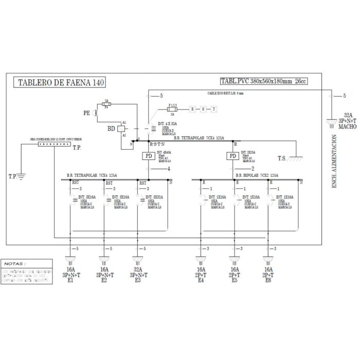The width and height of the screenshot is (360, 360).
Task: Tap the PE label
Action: pos(87,112)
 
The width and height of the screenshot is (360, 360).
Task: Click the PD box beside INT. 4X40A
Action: pos(148,156)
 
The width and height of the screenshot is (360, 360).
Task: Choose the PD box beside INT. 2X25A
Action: pos(232,156)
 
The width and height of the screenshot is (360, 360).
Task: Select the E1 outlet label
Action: pos(70,281)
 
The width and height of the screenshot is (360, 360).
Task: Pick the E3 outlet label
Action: pos(137,281)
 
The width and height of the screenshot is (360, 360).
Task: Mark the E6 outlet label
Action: pos(268,281)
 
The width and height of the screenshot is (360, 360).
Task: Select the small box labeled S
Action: pos(203,109)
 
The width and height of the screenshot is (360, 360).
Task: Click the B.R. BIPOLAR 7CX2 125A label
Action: pos(257,175)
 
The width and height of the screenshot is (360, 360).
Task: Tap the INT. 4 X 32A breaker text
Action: pos(168,124)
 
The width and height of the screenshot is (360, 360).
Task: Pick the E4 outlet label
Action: pos(201,281)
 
